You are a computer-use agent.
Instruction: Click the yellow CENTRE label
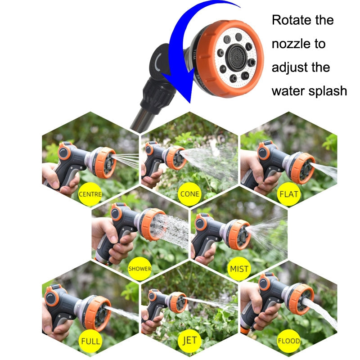[x=90, y=195]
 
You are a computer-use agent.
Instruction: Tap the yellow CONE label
[x=189, y=194]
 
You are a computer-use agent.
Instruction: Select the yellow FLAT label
[x=289, y=195]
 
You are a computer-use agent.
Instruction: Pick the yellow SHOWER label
[x=140, y=269]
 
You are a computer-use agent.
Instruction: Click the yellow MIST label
[x=239, y=269]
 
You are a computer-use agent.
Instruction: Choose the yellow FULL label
[x=90, y=341]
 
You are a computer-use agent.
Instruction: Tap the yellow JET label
[x=189, y=341]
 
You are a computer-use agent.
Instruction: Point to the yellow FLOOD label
[x=289, y=341]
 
